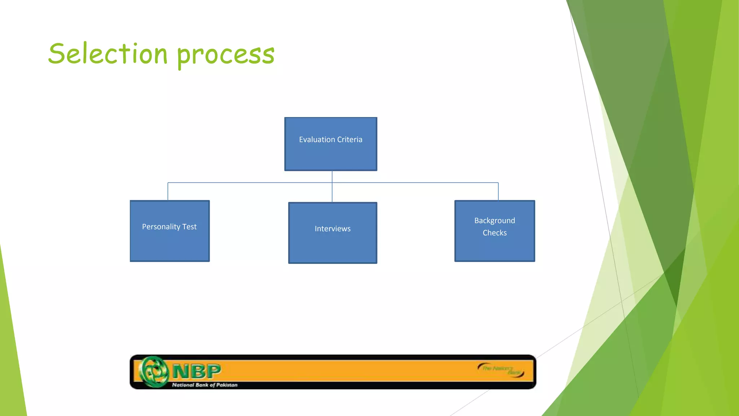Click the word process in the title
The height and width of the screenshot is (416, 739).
pyautogui.click(x=226, y=55)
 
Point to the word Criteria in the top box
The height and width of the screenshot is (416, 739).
pyautogui.click(x=350, y=140)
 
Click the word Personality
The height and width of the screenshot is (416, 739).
pyautogui.click(x=161, y=227)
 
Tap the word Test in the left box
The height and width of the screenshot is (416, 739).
pyautogui.click(x=189, y=227)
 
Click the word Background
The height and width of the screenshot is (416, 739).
pyautogui.click(x=494, y=221)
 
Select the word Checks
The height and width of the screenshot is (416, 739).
pyautogui.click(x=494, y=233)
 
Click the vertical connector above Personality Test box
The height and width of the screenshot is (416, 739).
pyautogui.click(x=168, y=191)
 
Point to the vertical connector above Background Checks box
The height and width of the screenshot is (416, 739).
pyautogui.click(x=498, y=191)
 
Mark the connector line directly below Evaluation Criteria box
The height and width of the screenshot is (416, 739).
pyautogui.click(x=332, y=177)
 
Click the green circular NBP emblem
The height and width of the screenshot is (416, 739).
pyautogui.click(x=154, y=372)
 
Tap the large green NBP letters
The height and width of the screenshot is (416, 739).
pyautogui.click(x=197, y=371)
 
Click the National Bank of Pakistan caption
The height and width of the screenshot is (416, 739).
pyautogui.click(x=205, y=385)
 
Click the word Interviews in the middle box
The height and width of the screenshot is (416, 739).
pyautogui.click(x=332, y=229)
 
